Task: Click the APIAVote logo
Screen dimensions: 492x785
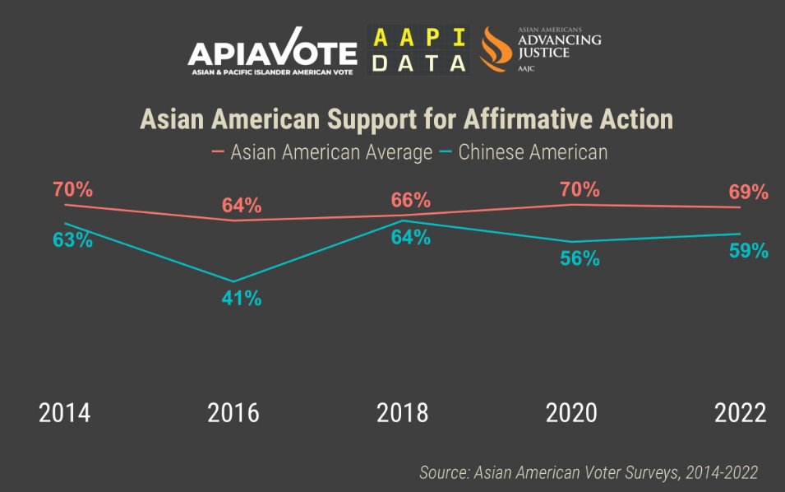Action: tap(271, 56)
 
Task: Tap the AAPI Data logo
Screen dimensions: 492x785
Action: tap(418, 50)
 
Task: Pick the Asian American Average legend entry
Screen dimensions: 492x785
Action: tap(321, 152)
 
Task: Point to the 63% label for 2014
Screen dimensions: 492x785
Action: tap(72, 242)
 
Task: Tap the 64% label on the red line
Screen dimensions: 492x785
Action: tap(242, 206)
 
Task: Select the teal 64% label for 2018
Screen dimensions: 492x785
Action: tap(410, 238)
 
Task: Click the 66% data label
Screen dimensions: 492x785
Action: tap(410, 200)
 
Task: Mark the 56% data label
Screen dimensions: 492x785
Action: tap(580, 258)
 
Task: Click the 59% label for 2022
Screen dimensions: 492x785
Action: tap(748, 251)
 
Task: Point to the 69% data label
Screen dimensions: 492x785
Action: tap(748, 193)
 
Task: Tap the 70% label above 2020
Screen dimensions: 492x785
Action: tap(580, 189)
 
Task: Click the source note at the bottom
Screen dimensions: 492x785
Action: tap(589, 472)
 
